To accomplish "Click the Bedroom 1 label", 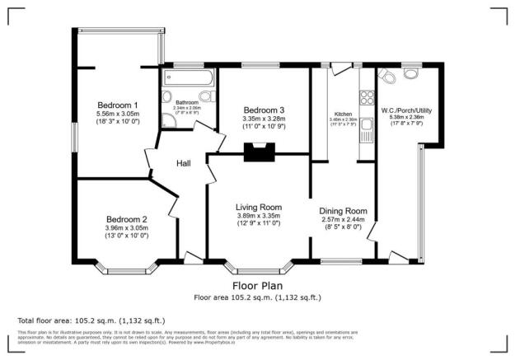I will [x=118, y=105].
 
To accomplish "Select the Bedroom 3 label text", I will [x=264, y=110].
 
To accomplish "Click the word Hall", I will [x=184, y=163].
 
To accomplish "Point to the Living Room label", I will [x=260, y=207].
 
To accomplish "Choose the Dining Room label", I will [x=342, y=211].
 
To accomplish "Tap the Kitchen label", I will [x=344, y=115].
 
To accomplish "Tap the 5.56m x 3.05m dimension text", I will [x=118, y=115].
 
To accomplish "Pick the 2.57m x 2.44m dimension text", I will [x=342, y=221].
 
